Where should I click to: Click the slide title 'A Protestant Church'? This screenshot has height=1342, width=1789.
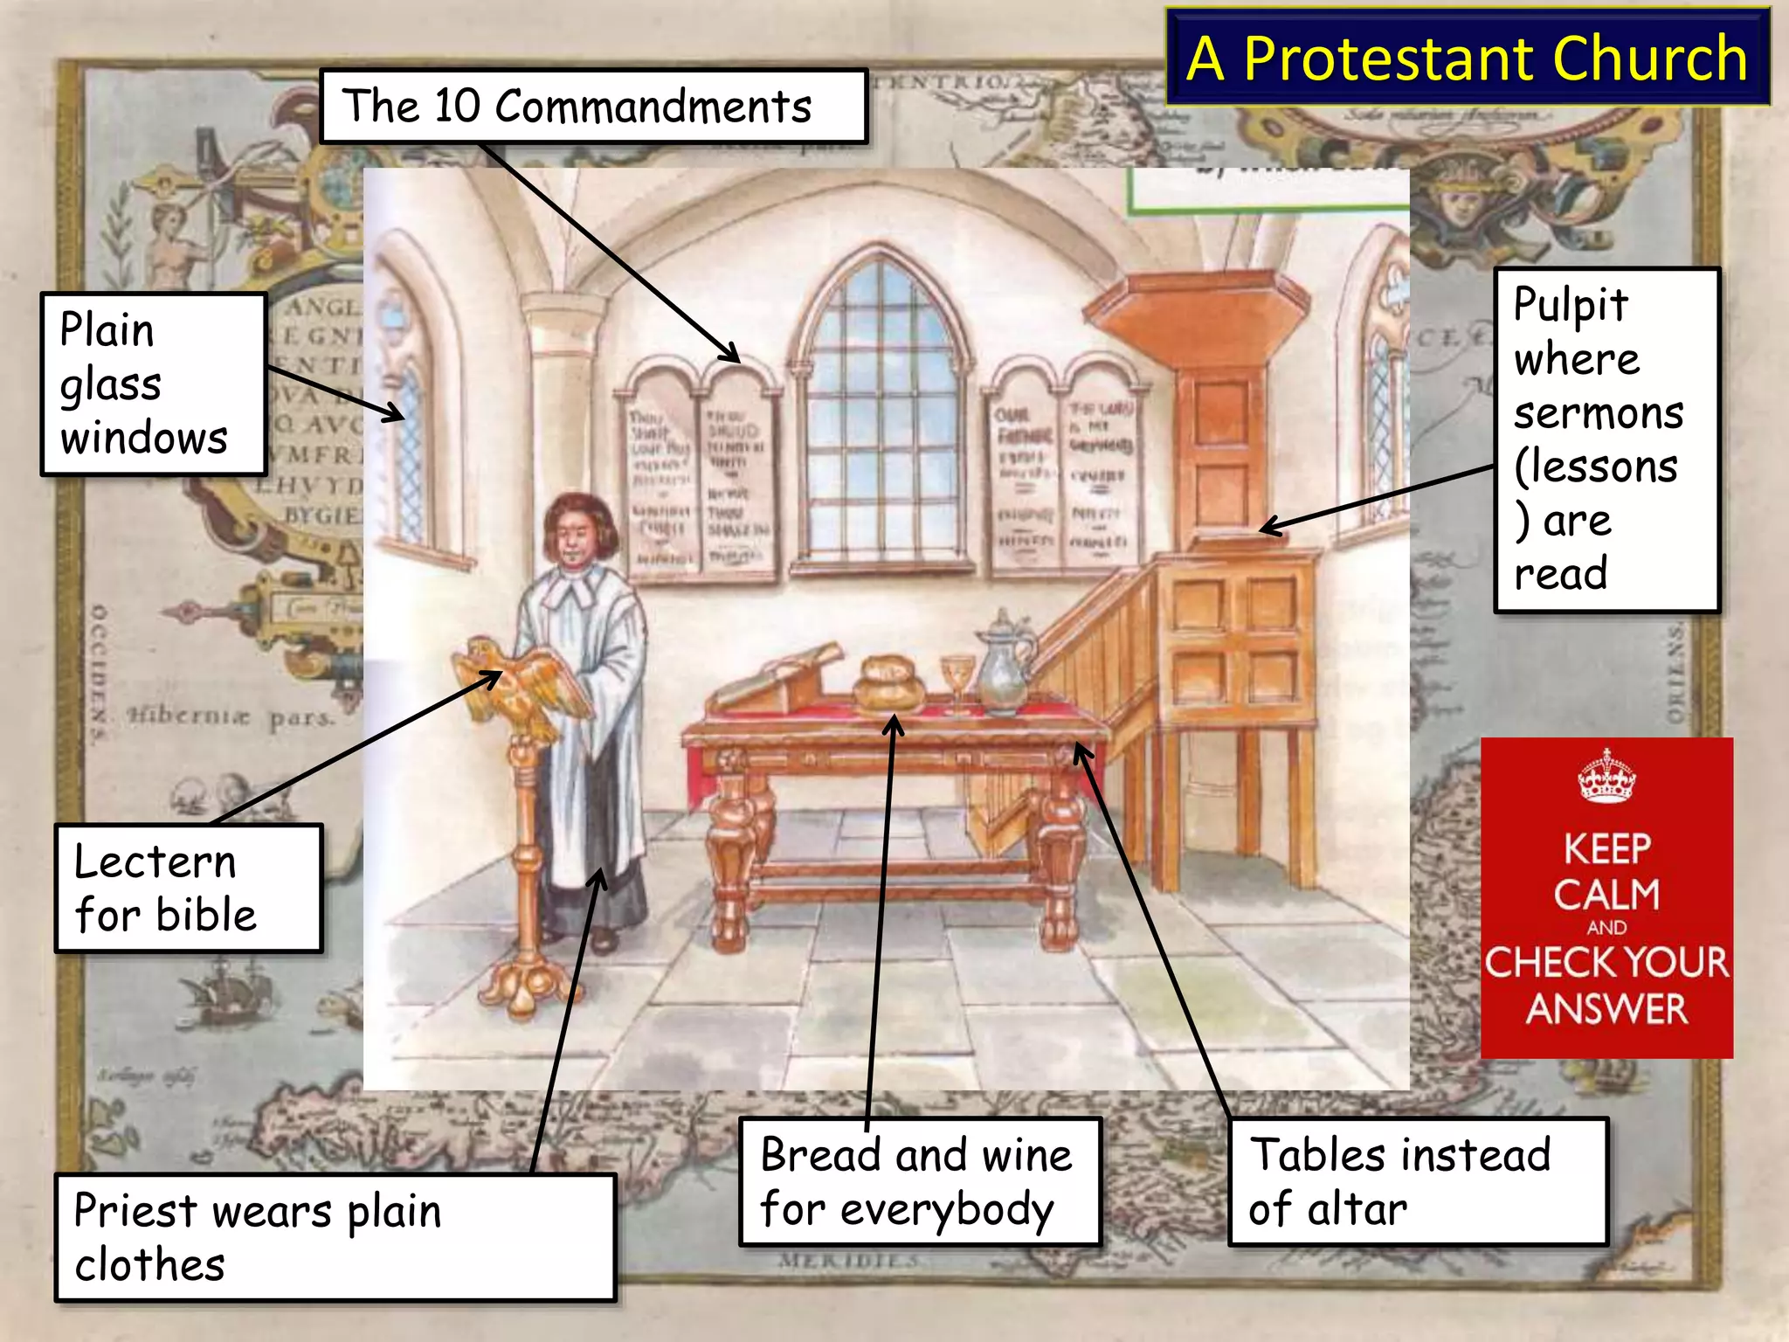pos(1468,58)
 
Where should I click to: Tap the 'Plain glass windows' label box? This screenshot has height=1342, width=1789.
pos(153,384)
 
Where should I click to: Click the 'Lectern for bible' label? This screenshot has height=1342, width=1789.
pos(189,888)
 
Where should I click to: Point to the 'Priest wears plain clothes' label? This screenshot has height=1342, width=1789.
pos(335,1237)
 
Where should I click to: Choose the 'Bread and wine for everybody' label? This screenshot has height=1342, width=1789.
pos(919,1181)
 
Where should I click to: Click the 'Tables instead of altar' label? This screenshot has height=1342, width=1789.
pos(1417,1181)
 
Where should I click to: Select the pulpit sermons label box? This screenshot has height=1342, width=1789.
pos(1606,439)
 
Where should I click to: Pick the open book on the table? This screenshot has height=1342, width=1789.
pos(777,677)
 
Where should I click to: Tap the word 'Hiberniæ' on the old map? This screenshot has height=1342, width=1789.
pos(189,716)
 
